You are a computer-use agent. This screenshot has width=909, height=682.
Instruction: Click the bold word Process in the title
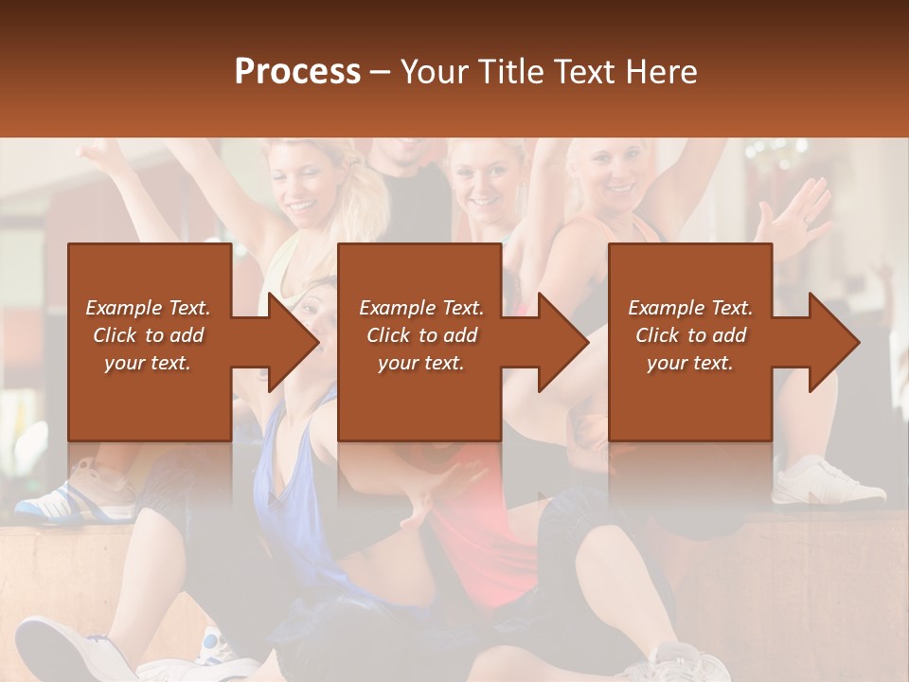pyautogui.click(x=297, y=72)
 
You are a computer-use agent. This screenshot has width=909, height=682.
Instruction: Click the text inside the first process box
pyautogui.click(x=149, y=335)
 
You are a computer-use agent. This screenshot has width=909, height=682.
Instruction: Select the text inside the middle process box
pyautogui.click(x=420, y=335)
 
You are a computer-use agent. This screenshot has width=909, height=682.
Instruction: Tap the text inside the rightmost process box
pyautogui.click(x=690, y=335)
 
